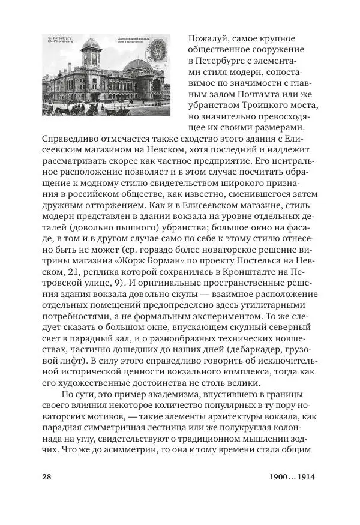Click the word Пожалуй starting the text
coord(208,37)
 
